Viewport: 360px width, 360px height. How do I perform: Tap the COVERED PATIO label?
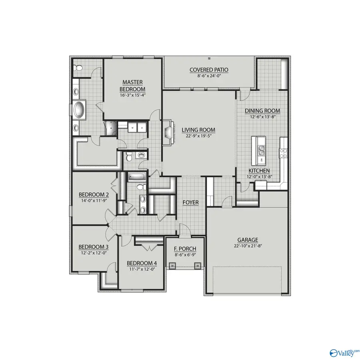(x=209, y=70)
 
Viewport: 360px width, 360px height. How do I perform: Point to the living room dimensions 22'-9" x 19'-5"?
(x=198, y=136)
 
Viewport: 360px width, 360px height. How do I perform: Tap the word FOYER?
(x=191, y=202)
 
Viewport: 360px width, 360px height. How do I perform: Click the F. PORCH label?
(x=184, y=248)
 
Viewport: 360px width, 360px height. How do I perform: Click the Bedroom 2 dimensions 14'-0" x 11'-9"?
(x=94, y=201)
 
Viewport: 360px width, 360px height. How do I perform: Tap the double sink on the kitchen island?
(x=262, y=150)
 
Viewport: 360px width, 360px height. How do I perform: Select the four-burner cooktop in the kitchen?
(x=283, y=152)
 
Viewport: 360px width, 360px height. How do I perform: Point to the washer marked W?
(x=134, y=128)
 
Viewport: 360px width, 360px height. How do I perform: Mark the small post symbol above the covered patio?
(x=209, y=59)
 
